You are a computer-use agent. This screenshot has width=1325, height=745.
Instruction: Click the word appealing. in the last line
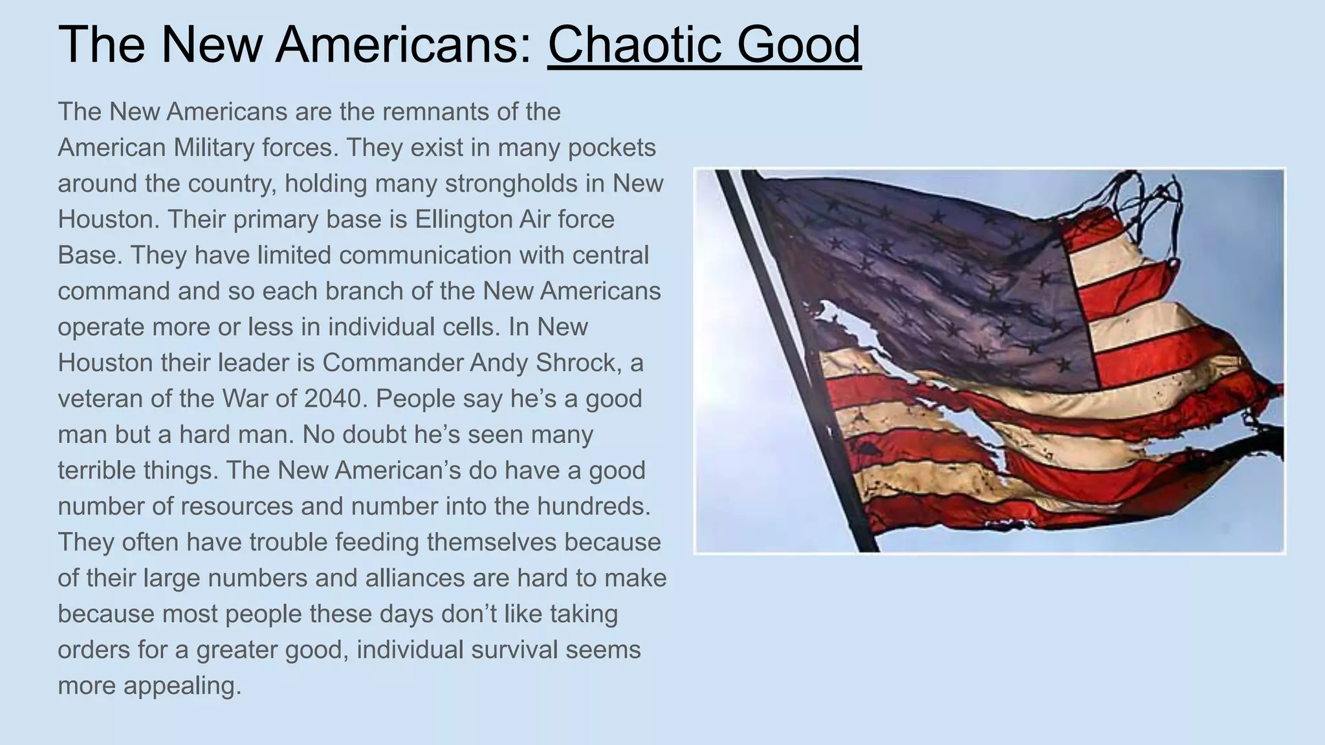click(182, 686)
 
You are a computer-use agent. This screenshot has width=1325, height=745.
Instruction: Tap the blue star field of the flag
click(938, 278)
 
